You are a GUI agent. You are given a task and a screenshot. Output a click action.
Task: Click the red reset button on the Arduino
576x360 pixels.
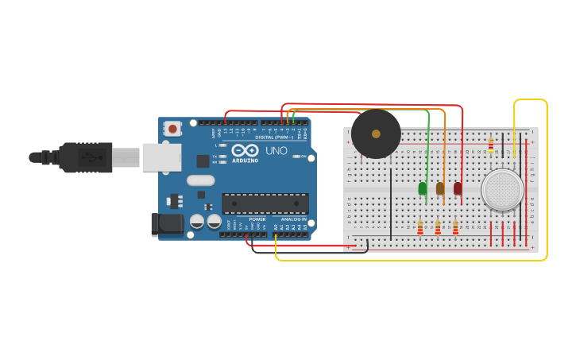(172, 128)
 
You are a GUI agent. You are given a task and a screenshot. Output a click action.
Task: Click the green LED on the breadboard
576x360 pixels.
(422, 188)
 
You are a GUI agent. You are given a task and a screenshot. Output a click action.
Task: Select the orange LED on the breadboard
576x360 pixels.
(440, 188)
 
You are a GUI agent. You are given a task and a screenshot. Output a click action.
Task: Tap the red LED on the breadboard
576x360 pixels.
(458, 188)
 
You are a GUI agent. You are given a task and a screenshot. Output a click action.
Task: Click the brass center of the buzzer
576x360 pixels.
(376, 134)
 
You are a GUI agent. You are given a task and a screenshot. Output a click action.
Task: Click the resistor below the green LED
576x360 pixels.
(420, 228)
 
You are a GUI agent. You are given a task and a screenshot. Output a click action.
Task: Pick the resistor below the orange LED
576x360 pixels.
(438, 228)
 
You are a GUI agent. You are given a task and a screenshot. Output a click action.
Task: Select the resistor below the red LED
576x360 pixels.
(455, 228)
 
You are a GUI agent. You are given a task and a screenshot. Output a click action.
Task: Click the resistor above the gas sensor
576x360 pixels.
(491, 145)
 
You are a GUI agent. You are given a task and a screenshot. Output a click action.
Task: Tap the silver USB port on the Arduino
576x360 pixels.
(161, 157)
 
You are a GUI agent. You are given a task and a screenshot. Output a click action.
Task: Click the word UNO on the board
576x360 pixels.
(276, 150)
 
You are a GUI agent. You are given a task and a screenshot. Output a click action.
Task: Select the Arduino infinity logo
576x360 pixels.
(245, 149)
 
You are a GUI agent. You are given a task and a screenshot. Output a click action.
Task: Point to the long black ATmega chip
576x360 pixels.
(265, 203)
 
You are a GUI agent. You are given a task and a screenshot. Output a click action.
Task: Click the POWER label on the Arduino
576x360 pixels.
(257, 219)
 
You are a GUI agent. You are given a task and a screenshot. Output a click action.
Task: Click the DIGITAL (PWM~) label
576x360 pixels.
(274, 137)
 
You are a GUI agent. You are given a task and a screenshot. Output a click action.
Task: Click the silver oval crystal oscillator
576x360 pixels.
(201, 180)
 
